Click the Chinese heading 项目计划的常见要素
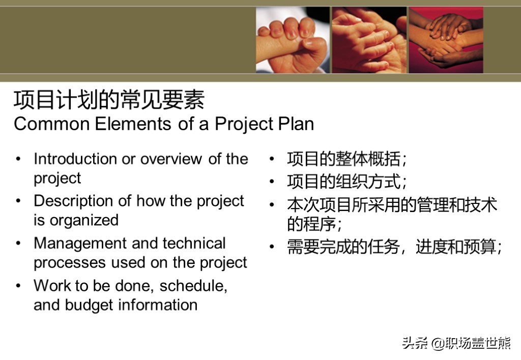(109, 100)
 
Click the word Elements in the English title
(133, 124)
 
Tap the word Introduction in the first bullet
(75, 159)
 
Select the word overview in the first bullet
(171, 159)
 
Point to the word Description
(73, 201)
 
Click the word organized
(84, 221)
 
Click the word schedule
(193, 286)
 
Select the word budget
(89, 306)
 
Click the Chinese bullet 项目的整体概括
(346, 159)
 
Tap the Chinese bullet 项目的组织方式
(346, 182)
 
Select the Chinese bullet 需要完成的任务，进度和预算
(394, 247)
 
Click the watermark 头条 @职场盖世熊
(456, 343)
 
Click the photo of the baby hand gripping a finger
(293, 40)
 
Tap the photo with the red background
(446, 40)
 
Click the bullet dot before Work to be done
(19, 286)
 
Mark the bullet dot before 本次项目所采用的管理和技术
(272, 204)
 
